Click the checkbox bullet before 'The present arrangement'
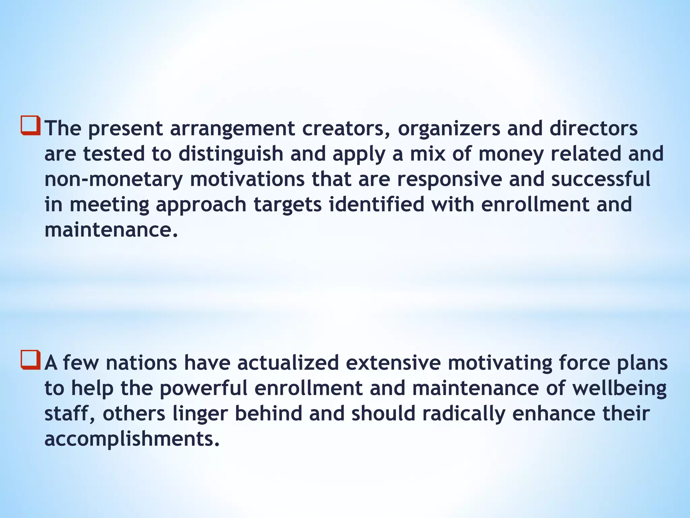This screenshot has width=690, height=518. point(31,125)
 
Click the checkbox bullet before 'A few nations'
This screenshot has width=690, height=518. point(31,360)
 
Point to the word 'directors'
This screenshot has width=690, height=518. point(594,129)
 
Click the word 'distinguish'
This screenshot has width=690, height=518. point(230,154)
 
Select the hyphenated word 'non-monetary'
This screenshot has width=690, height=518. point(114,180)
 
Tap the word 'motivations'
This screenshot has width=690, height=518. point(247,179)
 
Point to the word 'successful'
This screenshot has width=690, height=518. point(601,179)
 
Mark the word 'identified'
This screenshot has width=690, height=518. point(376,204)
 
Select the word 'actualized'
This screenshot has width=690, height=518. point(288,363)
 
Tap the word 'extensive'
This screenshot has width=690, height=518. point(393,363)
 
